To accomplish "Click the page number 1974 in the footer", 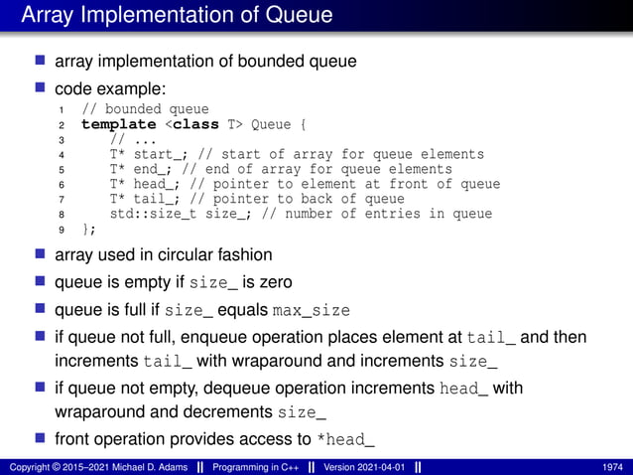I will pos(612,466).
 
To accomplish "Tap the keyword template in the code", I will pos(119,124).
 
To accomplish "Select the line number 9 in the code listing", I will pos(63,230).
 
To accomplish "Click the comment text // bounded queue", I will pos(145,109).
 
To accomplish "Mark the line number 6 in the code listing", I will pos(63,185).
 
